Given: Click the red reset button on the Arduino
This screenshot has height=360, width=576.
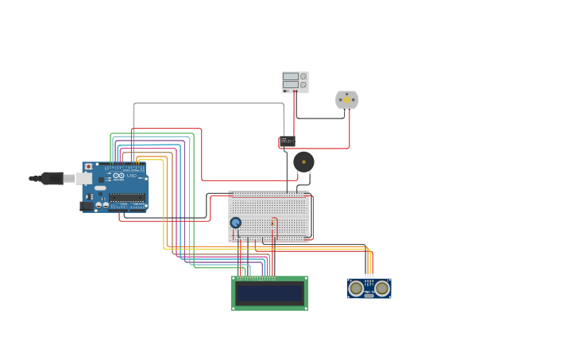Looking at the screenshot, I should click(88, 167).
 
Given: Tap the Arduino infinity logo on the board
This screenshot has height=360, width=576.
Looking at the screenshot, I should click(118, 175).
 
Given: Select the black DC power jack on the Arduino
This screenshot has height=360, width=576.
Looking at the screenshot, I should click(87, 206).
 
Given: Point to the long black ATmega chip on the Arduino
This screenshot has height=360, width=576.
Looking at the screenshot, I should click(127, 197).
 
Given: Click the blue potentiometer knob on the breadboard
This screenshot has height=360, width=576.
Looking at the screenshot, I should click(236, 223).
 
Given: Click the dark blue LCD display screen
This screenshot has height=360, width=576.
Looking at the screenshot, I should click(269, 293).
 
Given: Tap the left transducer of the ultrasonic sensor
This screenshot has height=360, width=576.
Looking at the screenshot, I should click(358, 288).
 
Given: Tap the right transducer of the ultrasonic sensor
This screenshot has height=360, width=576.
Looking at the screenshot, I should click(382, 288).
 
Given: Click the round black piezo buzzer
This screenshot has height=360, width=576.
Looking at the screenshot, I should click(303, 162).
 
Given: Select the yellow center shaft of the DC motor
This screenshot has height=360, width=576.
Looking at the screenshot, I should click(346, 99).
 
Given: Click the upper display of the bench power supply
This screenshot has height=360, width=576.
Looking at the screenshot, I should click(291, 76).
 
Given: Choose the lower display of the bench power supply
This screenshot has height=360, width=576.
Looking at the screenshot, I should click(291, 84).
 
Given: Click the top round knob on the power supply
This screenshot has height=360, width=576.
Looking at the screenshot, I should click(303, 76).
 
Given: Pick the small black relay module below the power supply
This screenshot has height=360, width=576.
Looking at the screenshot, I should click(288, 141).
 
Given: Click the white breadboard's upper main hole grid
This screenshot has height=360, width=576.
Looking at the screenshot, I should click(269, 206).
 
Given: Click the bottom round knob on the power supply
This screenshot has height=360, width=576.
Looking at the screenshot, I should click(303, 85).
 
